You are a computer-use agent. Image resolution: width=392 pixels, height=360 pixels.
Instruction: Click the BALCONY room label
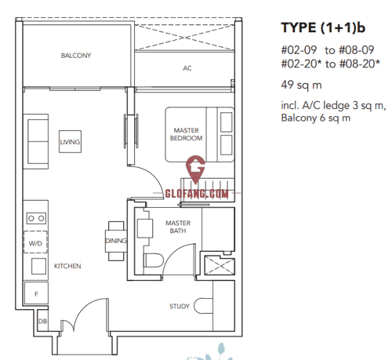76,56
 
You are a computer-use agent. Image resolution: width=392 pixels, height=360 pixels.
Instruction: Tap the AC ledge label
187,68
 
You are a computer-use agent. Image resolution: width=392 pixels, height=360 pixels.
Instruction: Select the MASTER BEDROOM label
186,134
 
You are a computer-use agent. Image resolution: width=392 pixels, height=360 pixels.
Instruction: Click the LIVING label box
70,142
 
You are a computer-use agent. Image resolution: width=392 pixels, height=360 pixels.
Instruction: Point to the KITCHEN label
67,266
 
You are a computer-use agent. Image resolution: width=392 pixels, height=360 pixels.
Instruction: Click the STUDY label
180,306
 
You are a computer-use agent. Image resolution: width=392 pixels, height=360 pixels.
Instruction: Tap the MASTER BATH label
178,227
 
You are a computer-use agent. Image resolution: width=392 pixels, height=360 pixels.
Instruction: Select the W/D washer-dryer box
35,242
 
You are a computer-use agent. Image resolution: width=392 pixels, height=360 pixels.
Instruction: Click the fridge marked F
36,293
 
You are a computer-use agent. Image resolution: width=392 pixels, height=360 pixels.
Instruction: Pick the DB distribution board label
42,321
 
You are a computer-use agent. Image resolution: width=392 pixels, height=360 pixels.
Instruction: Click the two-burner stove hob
36,218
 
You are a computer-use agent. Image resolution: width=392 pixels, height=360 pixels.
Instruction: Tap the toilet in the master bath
154,260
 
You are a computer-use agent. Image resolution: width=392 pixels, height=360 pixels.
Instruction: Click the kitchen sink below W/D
38,266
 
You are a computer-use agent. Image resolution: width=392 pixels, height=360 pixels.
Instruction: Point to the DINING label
116,241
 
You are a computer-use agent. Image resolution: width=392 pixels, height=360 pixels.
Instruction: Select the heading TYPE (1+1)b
323,27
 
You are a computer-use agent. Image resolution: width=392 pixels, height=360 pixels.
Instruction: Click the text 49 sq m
301,85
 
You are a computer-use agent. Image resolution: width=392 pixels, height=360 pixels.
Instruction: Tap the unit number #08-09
357,49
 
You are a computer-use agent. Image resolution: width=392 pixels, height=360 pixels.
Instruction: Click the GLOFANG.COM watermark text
197,194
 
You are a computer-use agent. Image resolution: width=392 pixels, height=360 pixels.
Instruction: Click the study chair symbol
203,306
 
